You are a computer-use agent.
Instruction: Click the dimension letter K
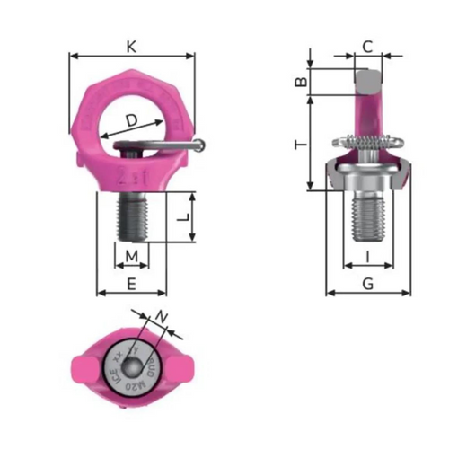[x=132, y=44]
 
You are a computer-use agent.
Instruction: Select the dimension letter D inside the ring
[x=132, y=119]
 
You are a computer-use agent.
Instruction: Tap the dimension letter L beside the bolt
[x=180, y=216]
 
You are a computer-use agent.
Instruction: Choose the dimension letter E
[x=132, y=284]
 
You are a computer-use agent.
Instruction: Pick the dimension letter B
[x=303, y=83]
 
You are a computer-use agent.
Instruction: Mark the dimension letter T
[x=303, y=143]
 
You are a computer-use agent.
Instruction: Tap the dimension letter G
[x=367, y=284]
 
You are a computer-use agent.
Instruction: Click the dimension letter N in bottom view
[x=160, y=316]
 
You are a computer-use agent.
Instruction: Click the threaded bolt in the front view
[x=132, y=217]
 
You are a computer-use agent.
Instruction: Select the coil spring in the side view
[x=368, y=143]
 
